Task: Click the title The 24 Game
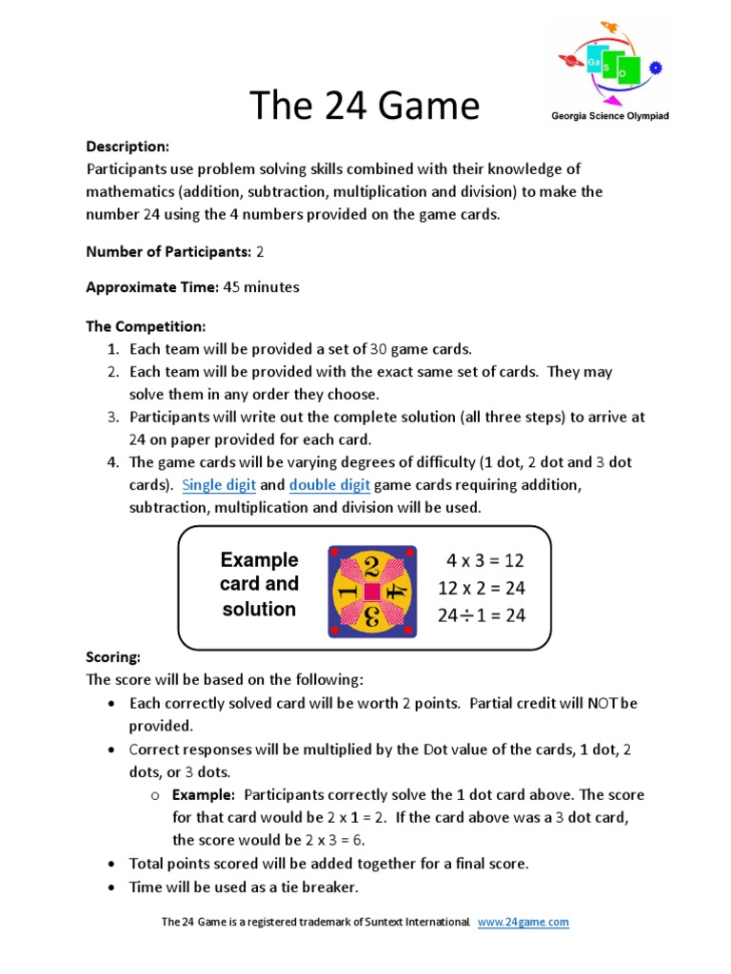(x=365, y=106)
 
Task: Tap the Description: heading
(x=128, y=146)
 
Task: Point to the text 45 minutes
(x=261, y=287)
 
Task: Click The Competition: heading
(x=146, y=326)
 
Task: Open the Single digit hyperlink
(x=219, y=485)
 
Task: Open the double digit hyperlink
(x=329, y=485)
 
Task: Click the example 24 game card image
(x=372, y=591)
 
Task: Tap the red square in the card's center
(x=372, y=592)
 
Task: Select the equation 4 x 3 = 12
(x=485, y=560)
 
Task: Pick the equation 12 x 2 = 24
(x=481, y=588)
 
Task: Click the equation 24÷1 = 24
(x=481, y=615)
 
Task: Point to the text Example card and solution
(x=259, y=584)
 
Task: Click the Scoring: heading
(x=113, y=657)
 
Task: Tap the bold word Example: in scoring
(x=203, y=795)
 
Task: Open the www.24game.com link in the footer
(x=523, y=922)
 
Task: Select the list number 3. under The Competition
(x=112, y=417)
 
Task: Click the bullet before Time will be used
(x=111, y=887)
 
